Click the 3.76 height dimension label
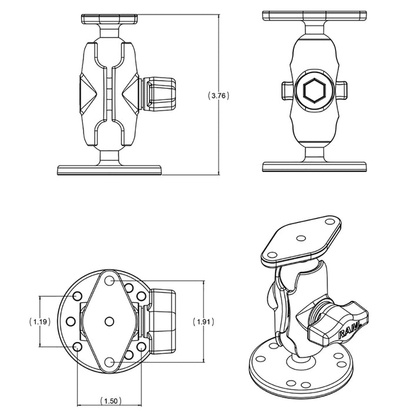point(218,95)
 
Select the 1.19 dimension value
point(39,321)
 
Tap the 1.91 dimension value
point(204,321)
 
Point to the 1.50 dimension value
point(111,401)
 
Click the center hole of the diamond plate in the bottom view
point(109,321)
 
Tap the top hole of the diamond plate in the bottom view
point(109,280)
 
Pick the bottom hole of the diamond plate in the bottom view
point(109,363)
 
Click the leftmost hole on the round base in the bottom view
point(71,321)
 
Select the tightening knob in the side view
point(158,93)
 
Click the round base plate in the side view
point(109,170)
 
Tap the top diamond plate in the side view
point(109,19)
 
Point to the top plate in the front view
point(314,15)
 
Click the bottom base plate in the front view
point(314,167)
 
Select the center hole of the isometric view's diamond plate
point(301,238)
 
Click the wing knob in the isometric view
point(336,323)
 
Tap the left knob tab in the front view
point(287,91)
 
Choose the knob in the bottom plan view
point(162,321)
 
